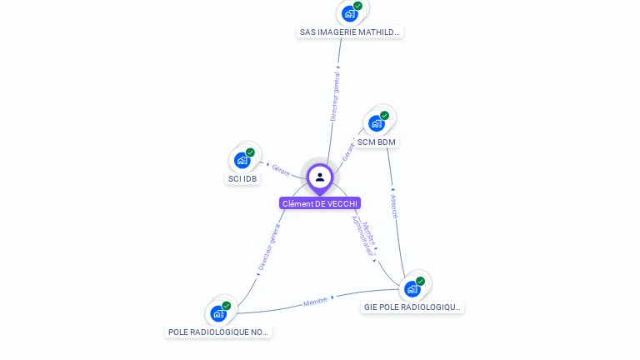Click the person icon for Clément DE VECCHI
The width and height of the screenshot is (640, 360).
coord(320,177)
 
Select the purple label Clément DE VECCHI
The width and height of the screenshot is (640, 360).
coord(320,203)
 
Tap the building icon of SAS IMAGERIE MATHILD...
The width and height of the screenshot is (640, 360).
coord(350,13)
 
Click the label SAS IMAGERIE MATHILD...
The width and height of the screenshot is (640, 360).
coord(350,32)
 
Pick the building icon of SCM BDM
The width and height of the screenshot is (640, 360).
coord(377,123)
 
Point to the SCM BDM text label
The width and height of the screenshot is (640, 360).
coord(377,142)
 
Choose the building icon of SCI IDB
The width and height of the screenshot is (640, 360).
coord(242,160)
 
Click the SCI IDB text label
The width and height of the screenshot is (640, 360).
coord(242,178)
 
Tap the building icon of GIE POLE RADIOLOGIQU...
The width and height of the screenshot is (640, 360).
coord(412,288)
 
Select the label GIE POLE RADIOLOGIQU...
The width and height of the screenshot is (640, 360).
coord(412,307)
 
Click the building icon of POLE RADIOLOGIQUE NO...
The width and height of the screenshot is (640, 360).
coord(218,313)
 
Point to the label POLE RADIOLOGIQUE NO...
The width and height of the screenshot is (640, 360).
coord(219,332)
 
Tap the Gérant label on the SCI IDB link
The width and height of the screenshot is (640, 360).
coord(281,170)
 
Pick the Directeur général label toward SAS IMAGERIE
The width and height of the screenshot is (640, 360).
coord(335,97)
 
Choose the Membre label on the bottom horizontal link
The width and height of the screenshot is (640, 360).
coord(316,301)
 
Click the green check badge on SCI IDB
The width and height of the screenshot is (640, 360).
coord(250,152)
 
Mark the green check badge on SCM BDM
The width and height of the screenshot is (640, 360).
coord(384,116)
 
